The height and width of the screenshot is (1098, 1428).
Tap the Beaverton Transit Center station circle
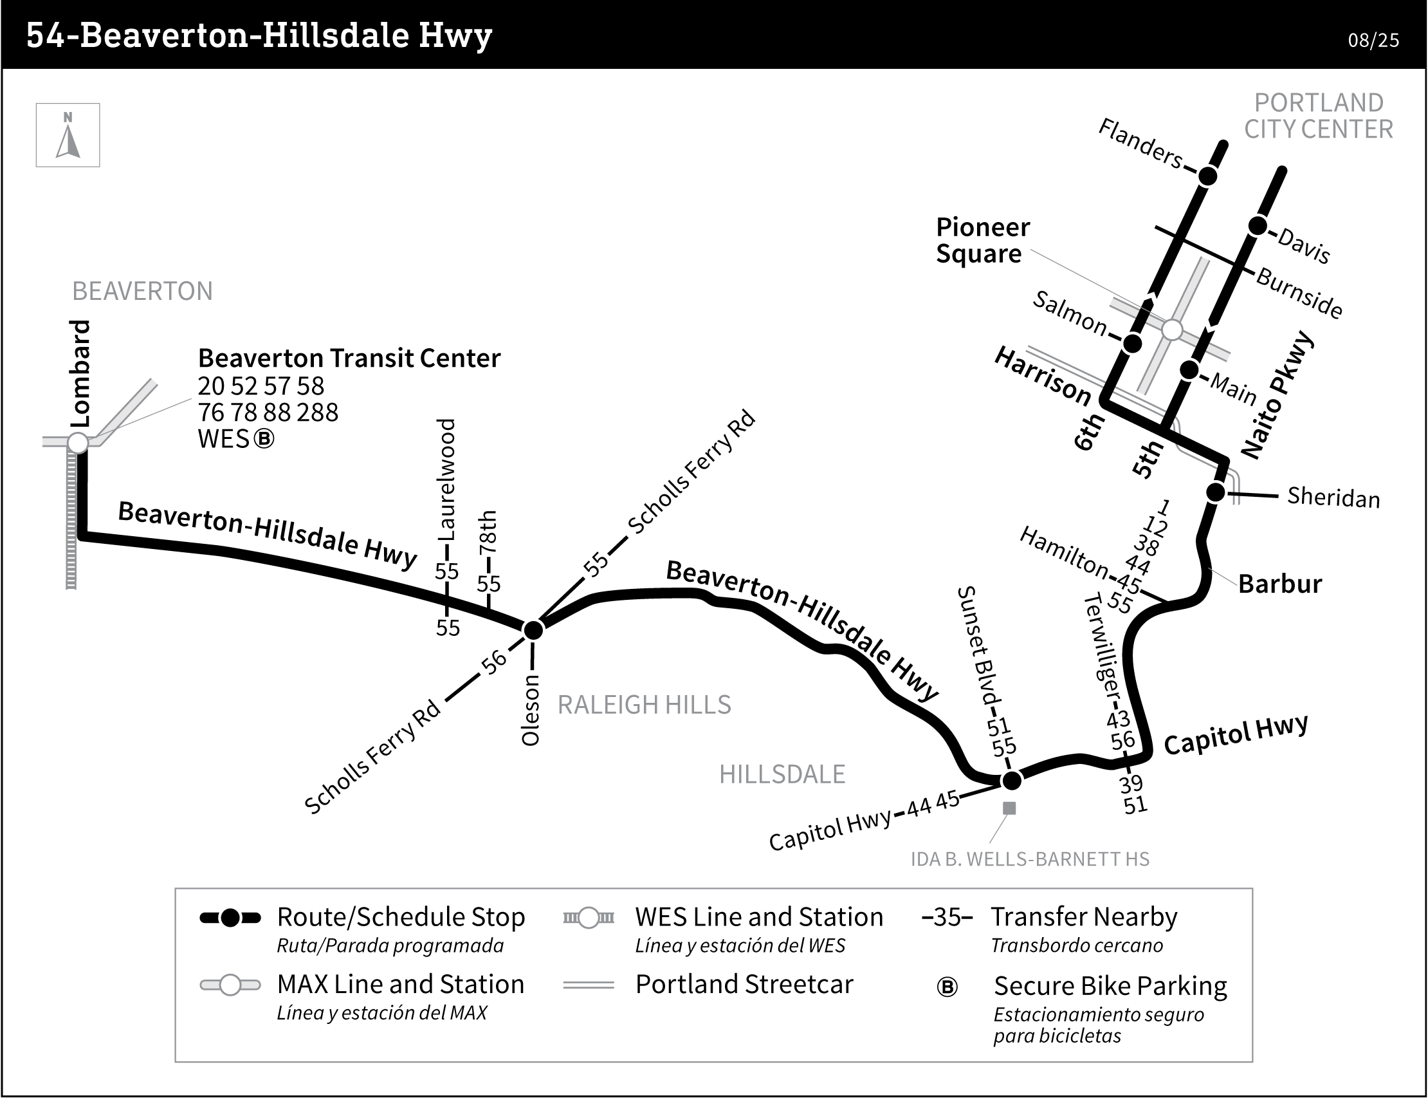tap(78, 442)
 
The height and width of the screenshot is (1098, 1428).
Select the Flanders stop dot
tap(1208, 176)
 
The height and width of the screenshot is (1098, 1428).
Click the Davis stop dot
tap(1258, 226)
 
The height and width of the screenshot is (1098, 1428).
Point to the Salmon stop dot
tap(1133, 343)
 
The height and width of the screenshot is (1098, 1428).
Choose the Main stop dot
tap(1189, 370)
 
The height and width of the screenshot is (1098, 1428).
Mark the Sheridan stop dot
tap(1215, 492)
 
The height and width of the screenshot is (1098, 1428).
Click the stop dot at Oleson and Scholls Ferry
tap(533, 630)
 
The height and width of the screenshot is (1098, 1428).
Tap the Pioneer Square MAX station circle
tap(1173, 330)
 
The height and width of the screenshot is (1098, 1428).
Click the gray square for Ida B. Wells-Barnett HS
tap(1009, 808)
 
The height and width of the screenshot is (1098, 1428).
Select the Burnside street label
tap(1299, 293)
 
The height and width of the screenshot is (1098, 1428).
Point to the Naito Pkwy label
tap(1276, 395)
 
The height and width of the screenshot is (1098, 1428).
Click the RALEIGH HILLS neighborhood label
tap(644, 705)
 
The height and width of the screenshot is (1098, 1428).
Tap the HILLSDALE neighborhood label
tap(782, 774)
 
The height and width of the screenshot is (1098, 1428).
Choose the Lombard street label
tap(80, 374)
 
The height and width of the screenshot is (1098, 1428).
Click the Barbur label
tap(1279, 584)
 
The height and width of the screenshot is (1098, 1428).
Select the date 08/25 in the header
tap(1373, 41)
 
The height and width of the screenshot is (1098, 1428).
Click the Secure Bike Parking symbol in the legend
tap(947, 987)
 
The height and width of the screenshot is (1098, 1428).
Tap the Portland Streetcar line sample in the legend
tap(588, 985)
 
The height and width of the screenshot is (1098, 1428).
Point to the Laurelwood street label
tap(446, 479)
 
